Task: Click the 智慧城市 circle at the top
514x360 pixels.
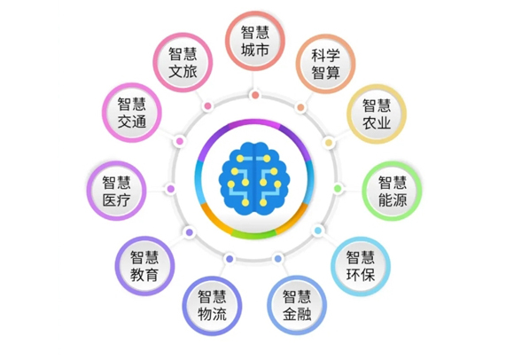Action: [255, 41]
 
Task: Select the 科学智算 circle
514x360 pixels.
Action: [325, 64]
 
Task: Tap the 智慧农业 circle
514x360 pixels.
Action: [377, 114]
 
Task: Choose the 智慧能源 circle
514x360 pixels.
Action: [392, 191]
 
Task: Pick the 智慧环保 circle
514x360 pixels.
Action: [361, 266]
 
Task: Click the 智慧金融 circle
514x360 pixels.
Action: [297, 305]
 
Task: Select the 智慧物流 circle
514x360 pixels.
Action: [212, 306]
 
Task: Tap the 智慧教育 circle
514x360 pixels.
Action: [144, 266]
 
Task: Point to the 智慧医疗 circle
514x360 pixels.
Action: [116, 191]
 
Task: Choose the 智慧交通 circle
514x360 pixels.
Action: [132, 113]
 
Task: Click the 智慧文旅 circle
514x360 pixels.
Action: [183, 62]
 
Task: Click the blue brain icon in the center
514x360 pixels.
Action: [254, 178]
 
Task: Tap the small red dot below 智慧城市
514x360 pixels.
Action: [255, 96]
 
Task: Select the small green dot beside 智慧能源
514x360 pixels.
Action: [338, 189]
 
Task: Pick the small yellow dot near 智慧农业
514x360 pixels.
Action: [329, 142]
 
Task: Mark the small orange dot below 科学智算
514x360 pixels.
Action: [300, 107]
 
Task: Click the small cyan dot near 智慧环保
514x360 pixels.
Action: [317, 231]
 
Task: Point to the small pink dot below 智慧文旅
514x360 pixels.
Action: [208, 106]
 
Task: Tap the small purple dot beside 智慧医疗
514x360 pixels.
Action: [171, 189]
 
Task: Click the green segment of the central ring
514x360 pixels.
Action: [254, 235]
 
